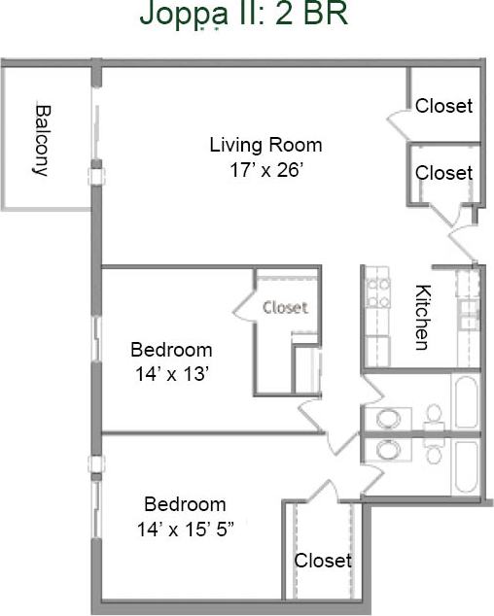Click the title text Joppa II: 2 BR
point(243,15)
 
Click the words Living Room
point(265,146)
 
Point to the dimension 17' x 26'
point(265,168)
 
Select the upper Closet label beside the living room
point(443,106)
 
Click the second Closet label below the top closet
point(443,173)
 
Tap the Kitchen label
point(422,317)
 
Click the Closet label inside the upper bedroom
point(285,307)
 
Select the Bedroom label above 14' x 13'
point(171,350)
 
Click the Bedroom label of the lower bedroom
point(185,505)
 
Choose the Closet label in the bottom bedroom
point(323,561)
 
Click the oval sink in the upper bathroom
point(388,419)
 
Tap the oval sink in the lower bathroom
point(388,450)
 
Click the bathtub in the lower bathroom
point(466,468)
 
